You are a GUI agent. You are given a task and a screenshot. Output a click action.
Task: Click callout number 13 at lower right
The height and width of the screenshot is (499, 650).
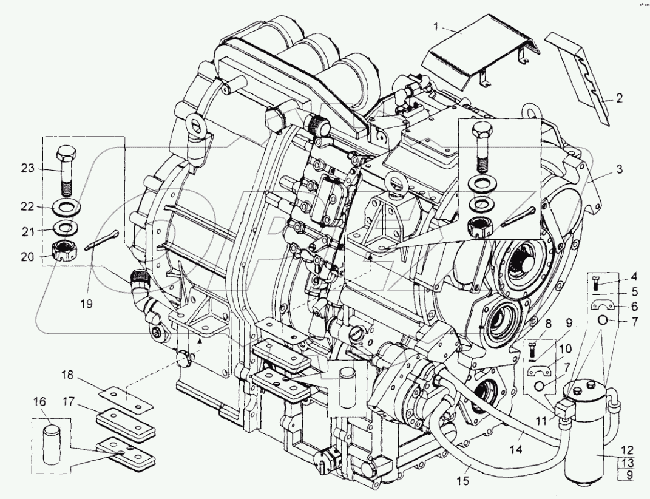pos(628,463)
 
